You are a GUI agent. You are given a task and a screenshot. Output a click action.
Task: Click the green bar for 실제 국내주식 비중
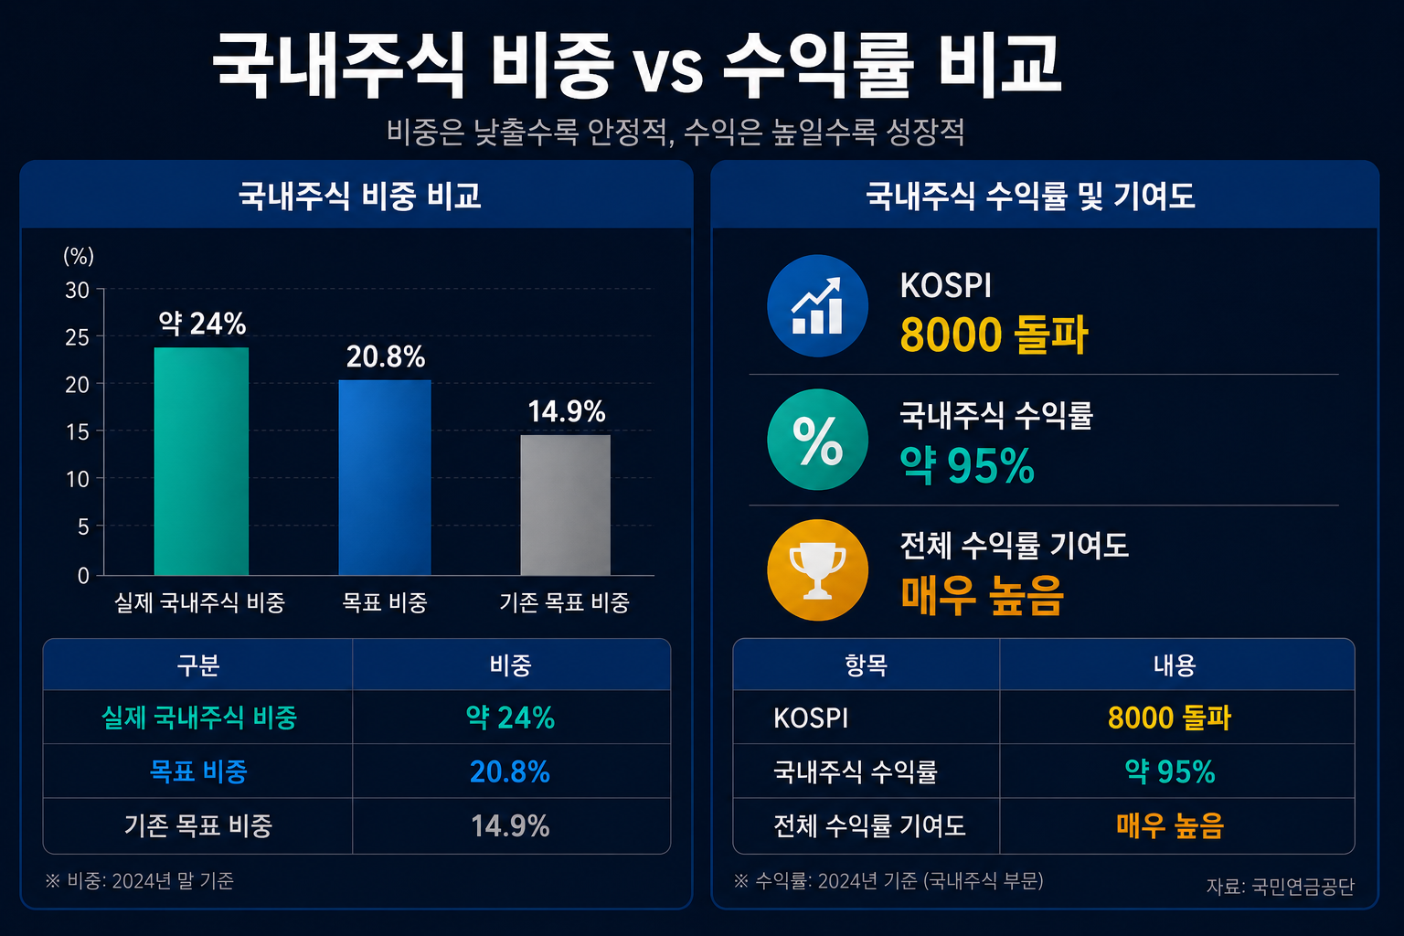click(x=201, y=461)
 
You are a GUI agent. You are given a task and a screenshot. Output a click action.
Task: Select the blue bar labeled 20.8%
click(x=385, y=477)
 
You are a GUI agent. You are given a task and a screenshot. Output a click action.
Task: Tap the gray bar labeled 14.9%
click(x=566, y=505)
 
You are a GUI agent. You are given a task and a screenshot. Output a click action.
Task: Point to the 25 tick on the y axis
click(x=77, y=338)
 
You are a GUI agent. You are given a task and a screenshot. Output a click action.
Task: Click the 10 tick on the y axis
click(x=77, y=480)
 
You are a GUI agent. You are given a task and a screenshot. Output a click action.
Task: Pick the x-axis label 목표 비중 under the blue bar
click(x=384, y=602)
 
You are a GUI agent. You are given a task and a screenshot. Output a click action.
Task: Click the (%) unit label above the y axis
click(x=79, y=256)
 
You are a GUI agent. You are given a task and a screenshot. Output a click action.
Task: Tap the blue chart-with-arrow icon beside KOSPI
click(x=817, y=306)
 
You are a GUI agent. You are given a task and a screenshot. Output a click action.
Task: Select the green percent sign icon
click(x=817, y=440)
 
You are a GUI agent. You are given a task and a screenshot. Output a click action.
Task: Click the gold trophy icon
click(x=817, y=569)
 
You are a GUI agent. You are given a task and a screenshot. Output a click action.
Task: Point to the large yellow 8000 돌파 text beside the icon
click(x=994, y=335)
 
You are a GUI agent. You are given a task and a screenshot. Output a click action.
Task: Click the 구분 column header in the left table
click(x=198, y=665)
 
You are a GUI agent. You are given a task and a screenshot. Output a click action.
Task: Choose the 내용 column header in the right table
click(x=1175, y=665)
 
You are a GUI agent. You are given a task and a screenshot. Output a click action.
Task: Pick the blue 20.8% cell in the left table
click(x=509, y=771)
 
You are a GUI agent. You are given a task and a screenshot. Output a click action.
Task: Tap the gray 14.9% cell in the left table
click(x=510, y=825)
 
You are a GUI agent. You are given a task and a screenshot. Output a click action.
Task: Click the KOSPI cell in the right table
click(x=811, y=718)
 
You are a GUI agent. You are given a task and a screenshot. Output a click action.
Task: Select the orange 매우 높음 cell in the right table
click(x=1170, y=825)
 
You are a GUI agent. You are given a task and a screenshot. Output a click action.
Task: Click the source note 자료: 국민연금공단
click(x=1280, y=886)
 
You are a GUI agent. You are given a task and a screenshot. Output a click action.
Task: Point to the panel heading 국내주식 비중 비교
click(x=359, y=196)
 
